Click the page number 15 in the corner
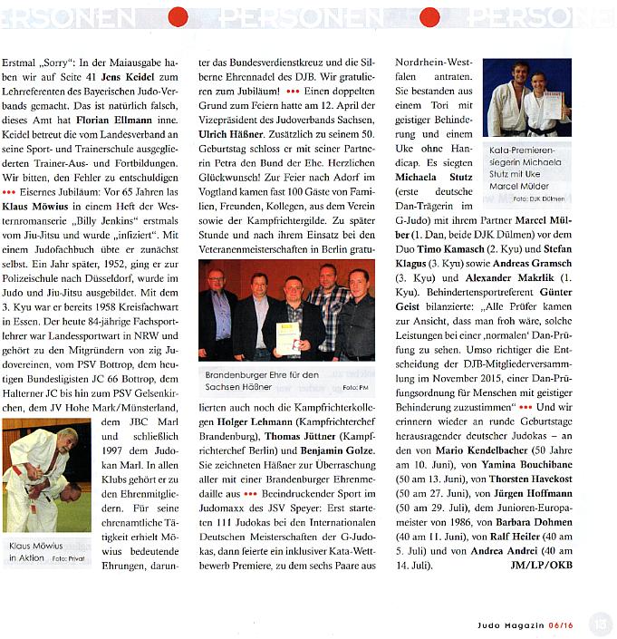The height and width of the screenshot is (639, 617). pyautogui.click(x=600, y=623)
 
